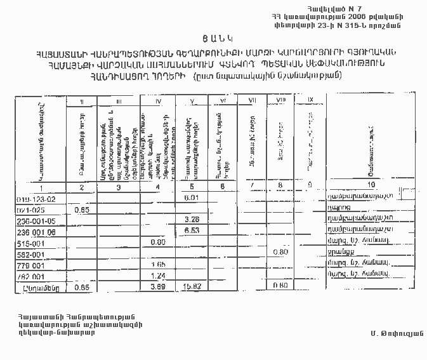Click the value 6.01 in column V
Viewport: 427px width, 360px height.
[x=192, y=198]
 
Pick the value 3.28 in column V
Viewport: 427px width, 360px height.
[x=192, y=220]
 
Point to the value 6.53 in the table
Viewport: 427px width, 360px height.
[x=192, y=231]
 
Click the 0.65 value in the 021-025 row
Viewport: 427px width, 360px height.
[x=81, y=209]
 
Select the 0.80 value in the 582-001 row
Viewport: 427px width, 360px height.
[x=280, y=253]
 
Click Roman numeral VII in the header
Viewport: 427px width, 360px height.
[x=253, y=100]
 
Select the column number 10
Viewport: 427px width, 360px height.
[x=371, y=185]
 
